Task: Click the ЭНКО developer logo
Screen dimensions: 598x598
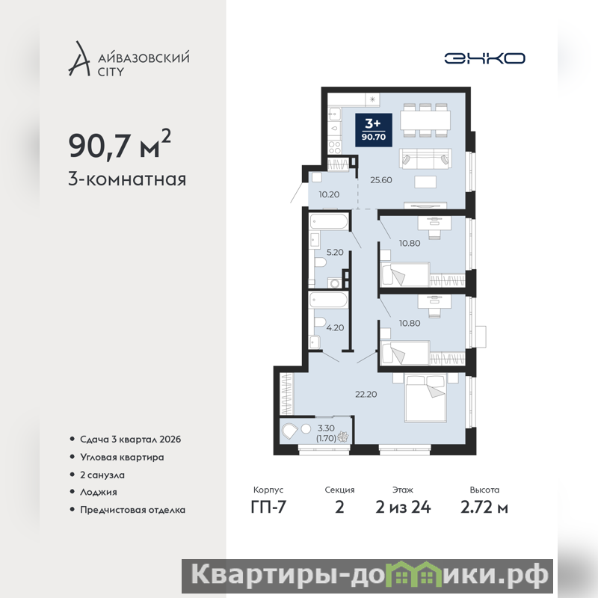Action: (x=484, y=58)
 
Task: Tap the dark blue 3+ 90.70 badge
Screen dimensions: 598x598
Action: (x=374, y=129)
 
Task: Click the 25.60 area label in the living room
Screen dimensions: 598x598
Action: (x=381, y=180)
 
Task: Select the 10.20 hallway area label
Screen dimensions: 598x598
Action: (x=329, y=194)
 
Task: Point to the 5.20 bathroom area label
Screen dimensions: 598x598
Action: (x=335, y=252)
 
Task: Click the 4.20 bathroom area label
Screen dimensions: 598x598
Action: (x=335, y=327)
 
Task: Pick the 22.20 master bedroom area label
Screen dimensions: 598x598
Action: (x=366, y=395)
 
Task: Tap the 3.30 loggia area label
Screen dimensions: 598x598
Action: (x=326, y=428)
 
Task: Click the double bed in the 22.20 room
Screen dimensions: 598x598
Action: (x=425, y=398)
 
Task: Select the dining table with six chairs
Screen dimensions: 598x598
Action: (x=425, y=120)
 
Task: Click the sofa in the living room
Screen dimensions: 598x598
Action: (x=425, y=158)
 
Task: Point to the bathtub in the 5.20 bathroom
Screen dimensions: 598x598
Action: (x=329, y=221)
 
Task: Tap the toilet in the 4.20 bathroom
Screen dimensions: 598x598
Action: (x=320, y=321)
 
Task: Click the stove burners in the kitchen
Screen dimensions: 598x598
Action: (x=335, y=147)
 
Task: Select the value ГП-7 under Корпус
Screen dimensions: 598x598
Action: (x=268, y=508)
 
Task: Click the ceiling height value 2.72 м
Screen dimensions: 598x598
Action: (x=484, y=508)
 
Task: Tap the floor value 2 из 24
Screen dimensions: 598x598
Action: (x=403, y=508)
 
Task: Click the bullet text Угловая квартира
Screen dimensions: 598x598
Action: (x=122, y=457)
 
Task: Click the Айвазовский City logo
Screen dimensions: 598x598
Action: (x=129, y=59)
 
